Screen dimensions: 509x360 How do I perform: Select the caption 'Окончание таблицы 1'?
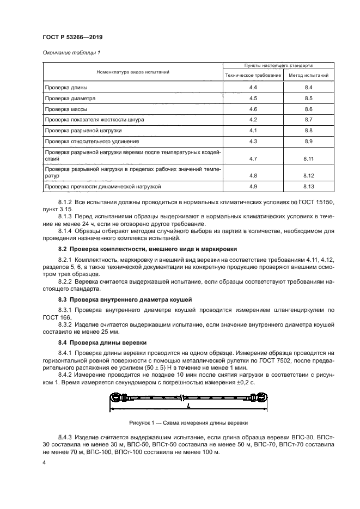67,52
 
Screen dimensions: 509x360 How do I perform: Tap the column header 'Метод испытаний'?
308,75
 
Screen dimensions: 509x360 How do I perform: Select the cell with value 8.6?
308,109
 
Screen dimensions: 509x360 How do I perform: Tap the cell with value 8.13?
309,187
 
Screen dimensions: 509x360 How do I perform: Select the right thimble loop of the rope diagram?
261,397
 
